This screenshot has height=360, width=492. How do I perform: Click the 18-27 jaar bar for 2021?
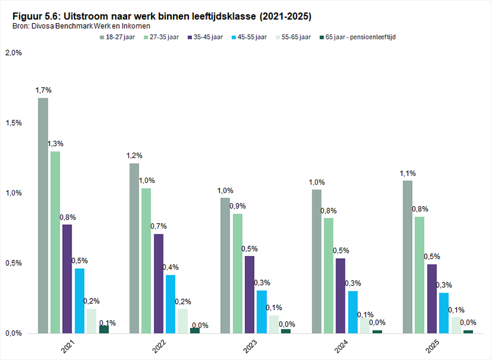[43, 215]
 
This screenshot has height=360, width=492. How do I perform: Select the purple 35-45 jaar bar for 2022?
[159, 284]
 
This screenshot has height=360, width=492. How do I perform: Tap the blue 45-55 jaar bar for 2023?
[262, 312]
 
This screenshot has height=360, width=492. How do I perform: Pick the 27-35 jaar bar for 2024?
[329, 275]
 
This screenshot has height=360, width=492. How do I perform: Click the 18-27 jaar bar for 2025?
[407, 257]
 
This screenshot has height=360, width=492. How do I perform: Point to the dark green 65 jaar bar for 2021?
[104, 329]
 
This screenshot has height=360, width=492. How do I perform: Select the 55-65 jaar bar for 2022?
[182, 321]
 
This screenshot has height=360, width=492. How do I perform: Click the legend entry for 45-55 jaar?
[249, 37]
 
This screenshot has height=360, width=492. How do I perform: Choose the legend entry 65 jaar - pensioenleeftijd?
[357, 37]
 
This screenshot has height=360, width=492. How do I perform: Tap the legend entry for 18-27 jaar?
[117, 37]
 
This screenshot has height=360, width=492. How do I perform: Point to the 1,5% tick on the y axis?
[14, 123]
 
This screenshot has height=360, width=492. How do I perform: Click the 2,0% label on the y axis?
[14, 52]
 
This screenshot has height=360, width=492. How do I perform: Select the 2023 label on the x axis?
[250, 346]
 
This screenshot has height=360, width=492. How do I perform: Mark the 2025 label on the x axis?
[433, 346]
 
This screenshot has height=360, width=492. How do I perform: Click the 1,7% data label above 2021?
[44, 91]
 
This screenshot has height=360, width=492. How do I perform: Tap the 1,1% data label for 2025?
[407, 173]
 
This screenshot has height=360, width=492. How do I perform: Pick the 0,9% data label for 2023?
[237, 206]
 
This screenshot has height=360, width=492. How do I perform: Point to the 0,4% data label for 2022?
[171, 267]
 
